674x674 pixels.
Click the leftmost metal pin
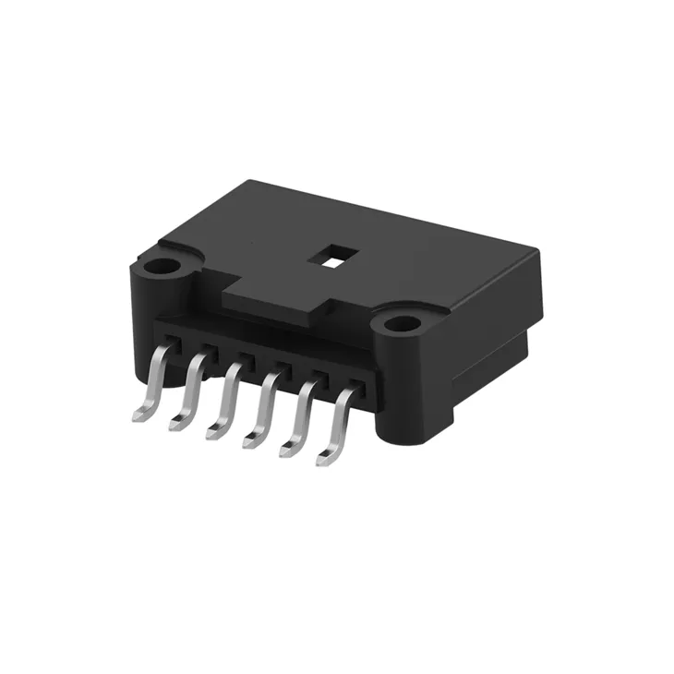coord(155,379)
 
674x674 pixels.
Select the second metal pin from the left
coord(192,389)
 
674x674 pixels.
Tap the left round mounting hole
coord(163,268)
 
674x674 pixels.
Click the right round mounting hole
coord(401,324)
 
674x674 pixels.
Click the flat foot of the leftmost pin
coord(140,415)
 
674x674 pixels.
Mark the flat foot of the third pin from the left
coord(214,431)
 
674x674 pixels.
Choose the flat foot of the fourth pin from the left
coord(251,440)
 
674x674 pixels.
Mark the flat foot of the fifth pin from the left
coord(288,449)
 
